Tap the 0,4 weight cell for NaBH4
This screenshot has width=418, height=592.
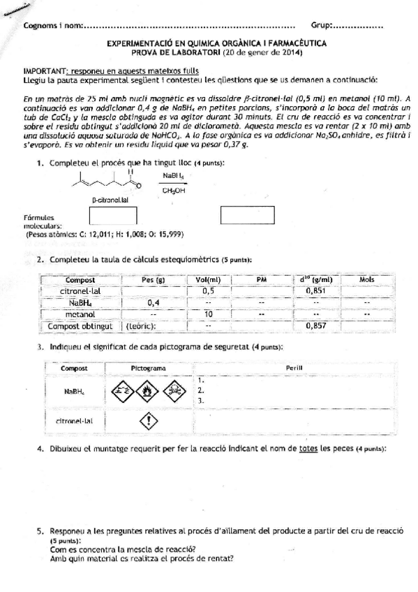coord(154,302)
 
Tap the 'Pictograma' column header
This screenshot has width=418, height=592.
coord(148,367)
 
